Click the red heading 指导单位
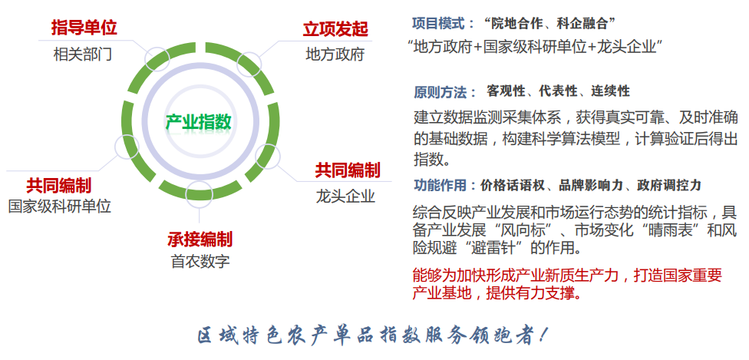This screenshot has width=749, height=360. tap(84, 28)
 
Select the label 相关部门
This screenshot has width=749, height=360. tap(83, 54)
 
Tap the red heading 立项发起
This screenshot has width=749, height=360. tap(336, 29)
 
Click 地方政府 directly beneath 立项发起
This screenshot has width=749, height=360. tap(335, 54)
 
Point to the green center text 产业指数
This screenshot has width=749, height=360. tap(199, 121)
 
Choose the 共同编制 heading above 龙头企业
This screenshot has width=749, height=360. tap(348, 170)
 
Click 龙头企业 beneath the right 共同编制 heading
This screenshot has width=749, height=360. tap(346, 197)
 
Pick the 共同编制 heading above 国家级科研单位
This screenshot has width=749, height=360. tap(59, 185)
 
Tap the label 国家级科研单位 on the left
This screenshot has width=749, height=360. tap(60, 206)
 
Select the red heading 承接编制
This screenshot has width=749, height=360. tap(200, 239)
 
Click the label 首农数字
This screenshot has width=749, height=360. tap(200, 262)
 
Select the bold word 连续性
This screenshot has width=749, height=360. tap(610, 91)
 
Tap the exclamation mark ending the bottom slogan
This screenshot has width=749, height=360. tap(543, 335)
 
